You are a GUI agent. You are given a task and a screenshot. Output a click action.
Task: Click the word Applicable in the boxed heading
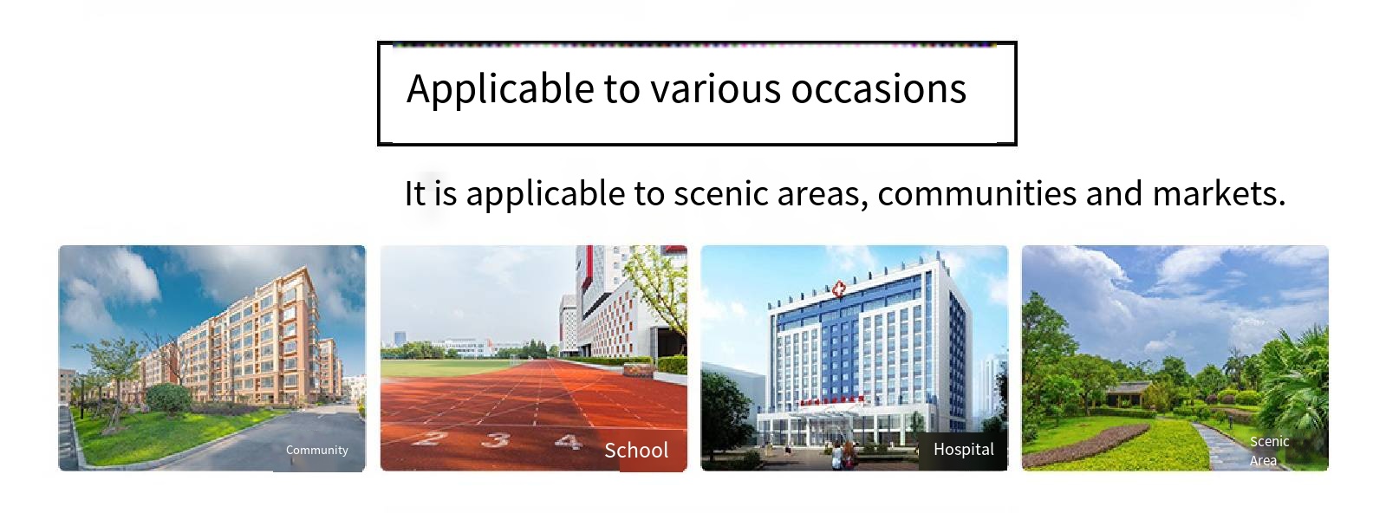click(500, 89)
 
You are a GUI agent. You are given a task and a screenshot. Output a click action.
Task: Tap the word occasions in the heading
click(879, 89)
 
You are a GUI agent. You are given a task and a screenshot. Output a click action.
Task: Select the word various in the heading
click(716, 89)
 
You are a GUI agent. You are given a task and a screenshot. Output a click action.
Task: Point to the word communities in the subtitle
click(977, 193)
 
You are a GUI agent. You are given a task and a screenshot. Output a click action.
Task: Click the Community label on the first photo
click(316, 451)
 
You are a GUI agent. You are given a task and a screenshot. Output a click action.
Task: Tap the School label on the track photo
click(636, 450)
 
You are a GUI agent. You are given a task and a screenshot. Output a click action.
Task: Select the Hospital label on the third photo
click(963, 449)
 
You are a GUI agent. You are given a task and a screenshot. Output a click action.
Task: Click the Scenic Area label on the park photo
click(1268, 451)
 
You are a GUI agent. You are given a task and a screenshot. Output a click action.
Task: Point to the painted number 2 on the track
click(432, 438)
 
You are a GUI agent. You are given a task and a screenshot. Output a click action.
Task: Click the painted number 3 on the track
click(497, 440)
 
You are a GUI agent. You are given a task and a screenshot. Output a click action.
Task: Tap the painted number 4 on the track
click(568, 441)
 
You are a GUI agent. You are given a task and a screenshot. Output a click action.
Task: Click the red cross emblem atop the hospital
click(838, 289)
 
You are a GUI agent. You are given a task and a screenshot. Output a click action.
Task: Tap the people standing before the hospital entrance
click(842, 455)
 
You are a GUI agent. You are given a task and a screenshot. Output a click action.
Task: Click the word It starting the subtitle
click(414, 193)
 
